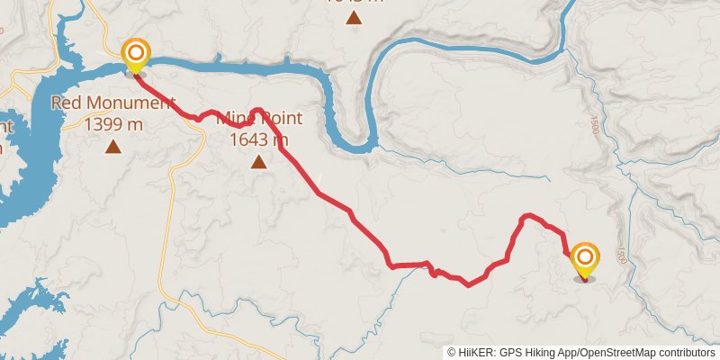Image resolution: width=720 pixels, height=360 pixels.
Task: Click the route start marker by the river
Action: point(136,56)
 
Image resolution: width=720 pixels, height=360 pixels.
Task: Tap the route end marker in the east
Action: point(584,259)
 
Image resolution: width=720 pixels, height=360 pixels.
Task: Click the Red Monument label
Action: point(112,103)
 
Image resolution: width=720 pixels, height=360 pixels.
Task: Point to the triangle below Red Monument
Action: point(113,146)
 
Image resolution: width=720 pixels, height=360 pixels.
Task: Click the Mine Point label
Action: point(261,119)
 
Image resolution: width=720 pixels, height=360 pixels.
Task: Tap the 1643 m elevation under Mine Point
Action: point(259,139)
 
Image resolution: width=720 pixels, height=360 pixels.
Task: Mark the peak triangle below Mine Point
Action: point(259,162)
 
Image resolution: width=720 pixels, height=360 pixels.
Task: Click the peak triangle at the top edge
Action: point(355,17)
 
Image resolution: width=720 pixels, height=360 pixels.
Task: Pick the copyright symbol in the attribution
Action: point(452,353)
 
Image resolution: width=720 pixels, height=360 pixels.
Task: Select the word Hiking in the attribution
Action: point(543,353)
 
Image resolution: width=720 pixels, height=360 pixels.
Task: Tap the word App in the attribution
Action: point(572,353)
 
